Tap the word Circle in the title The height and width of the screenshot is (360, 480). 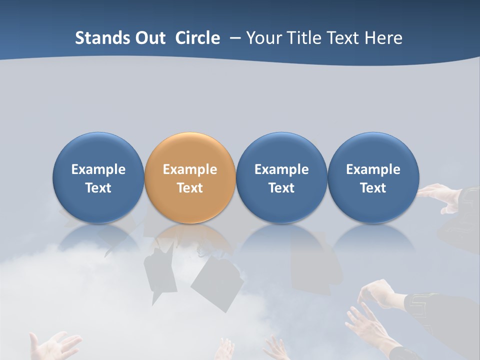[197, 38]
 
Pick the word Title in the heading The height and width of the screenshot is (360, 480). [304, 38]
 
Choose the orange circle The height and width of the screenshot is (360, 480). [190, 177]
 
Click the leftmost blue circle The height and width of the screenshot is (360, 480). [98, 177]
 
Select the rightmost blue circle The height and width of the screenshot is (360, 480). [373, 177]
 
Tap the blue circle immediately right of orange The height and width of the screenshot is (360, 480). [281, 177]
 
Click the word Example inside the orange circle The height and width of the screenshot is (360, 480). [190, 169]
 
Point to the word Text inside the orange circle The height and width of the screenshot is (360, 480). [190, 188]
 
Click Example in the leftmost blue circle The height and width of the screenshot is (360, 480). [98, 169]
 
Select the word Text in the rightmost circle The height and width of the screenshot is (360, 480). [373, 188]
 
